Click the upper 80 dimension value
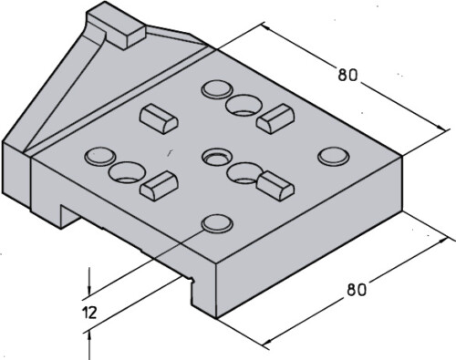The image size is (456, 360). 347,75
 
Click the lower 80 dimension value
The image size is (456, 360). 356,291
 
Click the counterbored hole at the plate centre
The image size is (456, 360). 216,156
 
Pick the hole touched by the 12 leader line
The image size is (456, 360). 215,222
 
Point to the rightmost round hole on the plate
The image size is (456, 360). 332,156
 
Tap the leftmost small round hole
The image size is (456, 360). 98,156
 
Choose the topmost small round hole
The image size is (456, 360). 217,89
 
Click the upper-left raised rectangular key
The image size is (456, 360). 155,116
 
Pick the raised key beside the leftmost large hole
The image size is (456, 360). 157,184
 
